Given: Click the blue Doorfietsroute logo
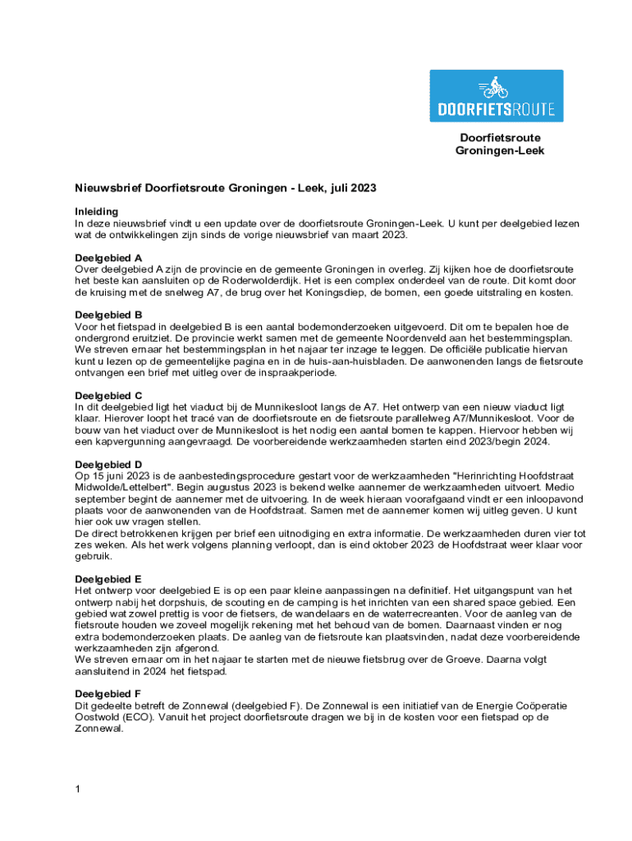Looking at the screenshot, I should tap(497, 96).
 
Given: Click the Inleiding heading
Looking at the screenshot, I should tap(97, 211).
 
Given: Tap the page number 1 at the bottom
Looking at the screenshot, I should tap(77, 789).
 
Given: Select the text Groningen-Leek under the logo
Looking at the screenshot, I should tap(500, 151).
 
